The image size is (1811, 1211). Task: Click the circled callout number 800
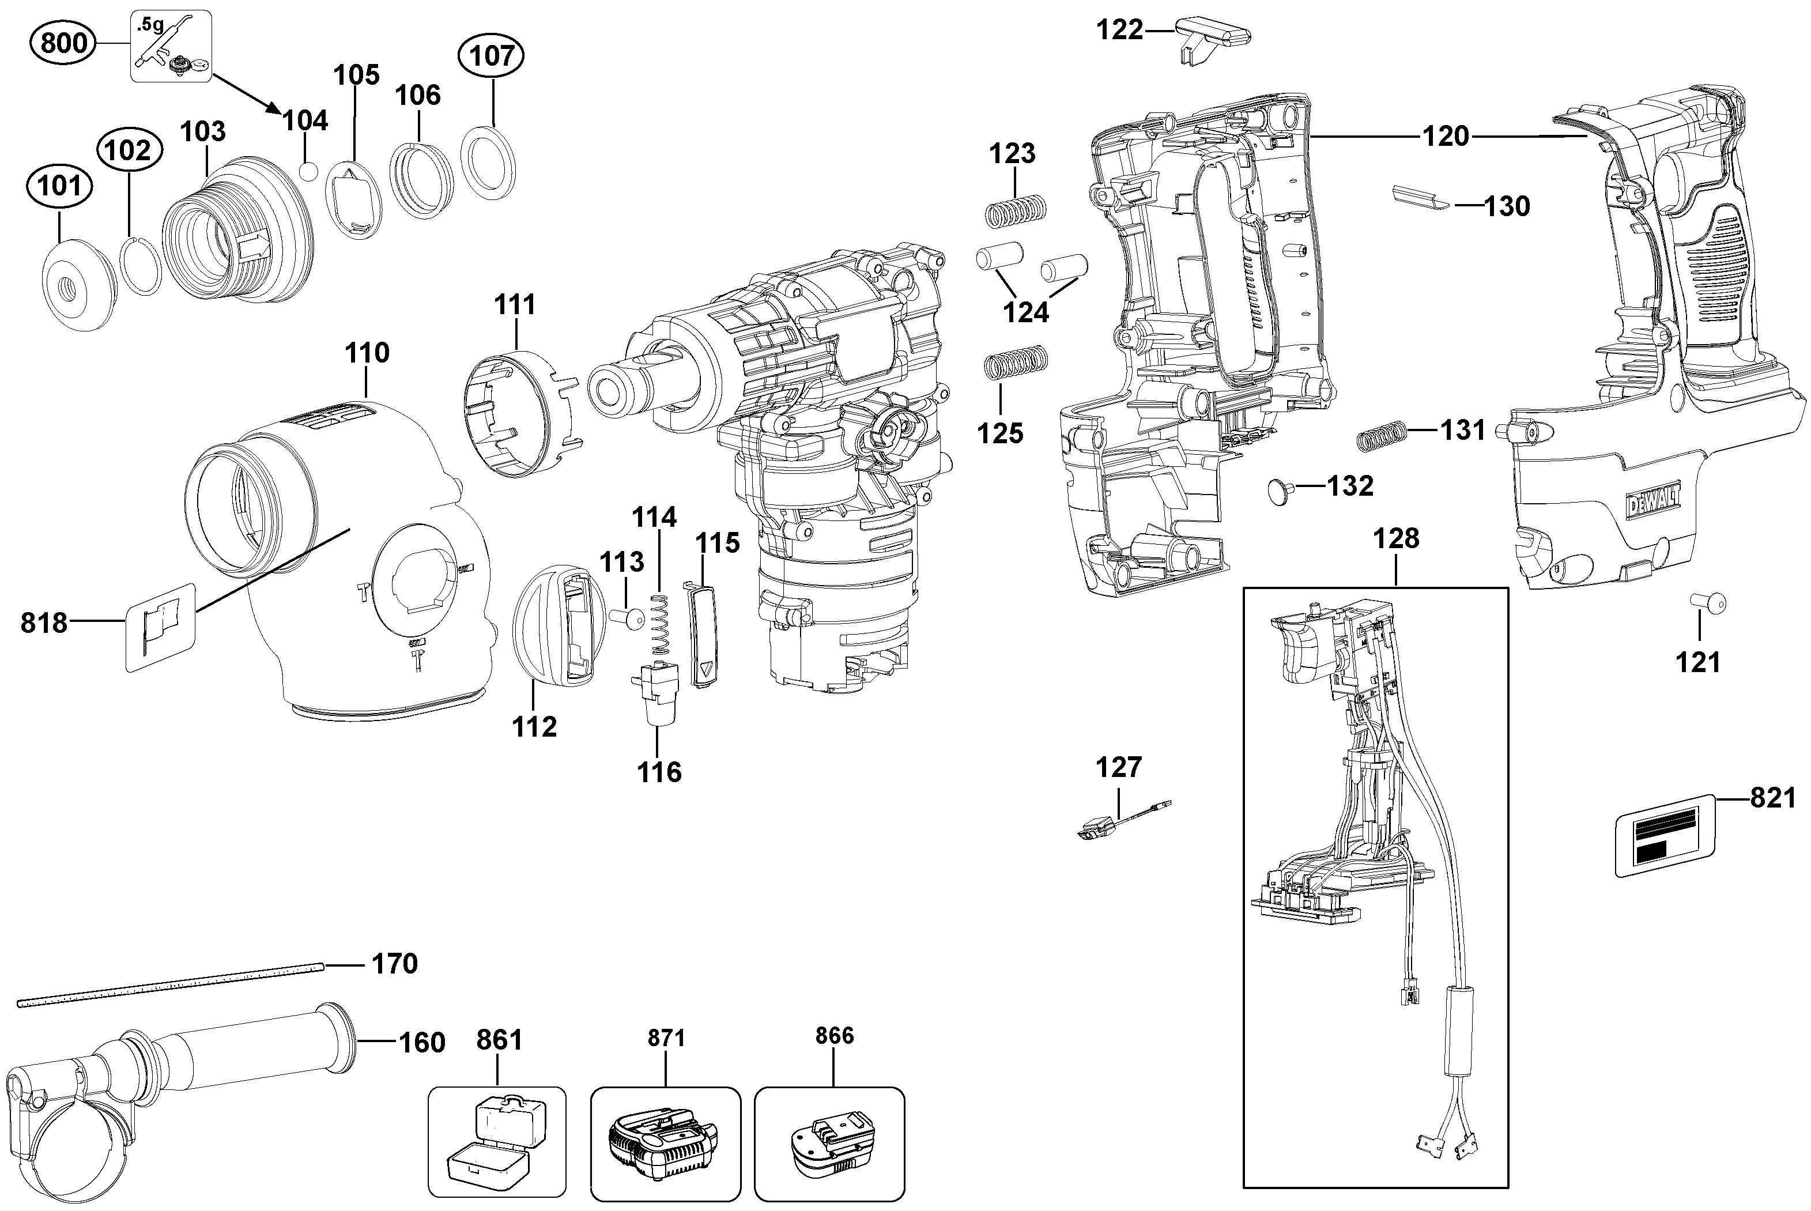(63, 43)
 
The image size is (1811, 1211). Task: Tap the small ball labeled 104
(309, 171)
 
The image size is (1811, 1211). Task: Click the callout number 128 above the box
(1395, 538)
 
